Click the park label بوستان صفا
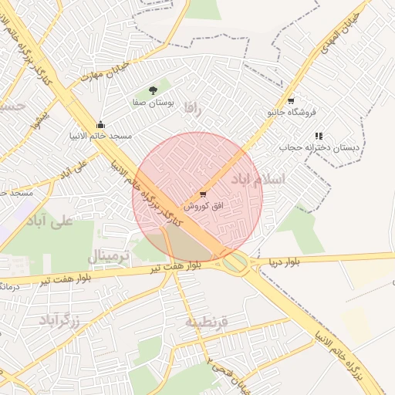point(156,102)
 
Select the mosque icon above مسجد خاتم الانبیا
point(100,124)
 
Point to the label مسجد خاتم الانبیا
point(100,135)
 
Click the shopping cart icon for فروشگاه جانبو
point(290,100)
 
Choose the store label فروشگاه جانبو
point(292,112)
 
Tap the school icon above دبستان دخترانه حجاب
point(319,136)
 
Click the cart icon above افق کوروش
point(202,194)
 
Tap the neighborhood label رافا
point(192,110)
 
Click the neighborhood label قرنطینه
point(206,322)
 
